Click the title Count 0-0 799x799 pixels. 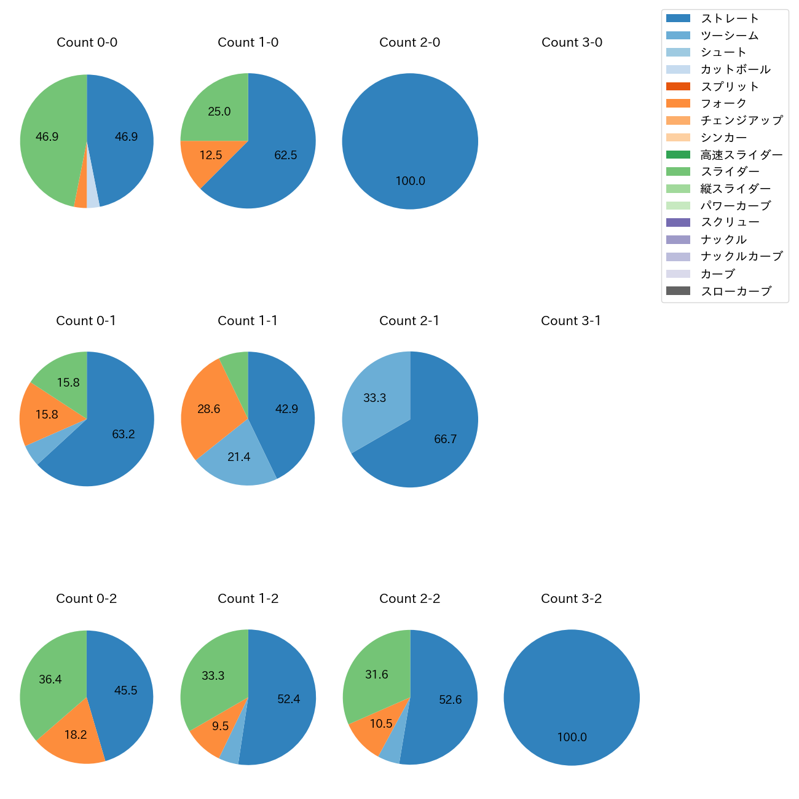(x=87, y=42)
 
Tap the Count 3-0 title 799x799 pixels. (x=572, y=42)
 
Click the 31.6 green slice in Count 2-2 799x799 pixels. (x=376, y=673)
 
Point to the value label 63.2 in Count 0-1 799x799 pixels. (x=123, y=435)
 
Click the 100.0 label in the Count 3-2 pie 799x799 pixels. (x=572, y=738)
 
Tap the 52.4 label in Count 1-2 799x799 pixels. (x=288, y=699)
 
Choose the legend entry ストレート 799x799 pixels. (x=729, y=18)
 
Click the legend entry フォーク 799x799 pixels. (x=723, y=103)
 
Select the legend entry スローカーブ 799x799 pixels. (x=736, y=291)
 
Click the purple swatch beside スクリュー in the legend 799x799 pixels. (x=678, y=222)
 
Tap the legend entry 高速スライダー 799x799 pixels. (x=741, y=155)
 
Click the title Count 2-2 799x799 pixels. (x=410, y=599)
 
